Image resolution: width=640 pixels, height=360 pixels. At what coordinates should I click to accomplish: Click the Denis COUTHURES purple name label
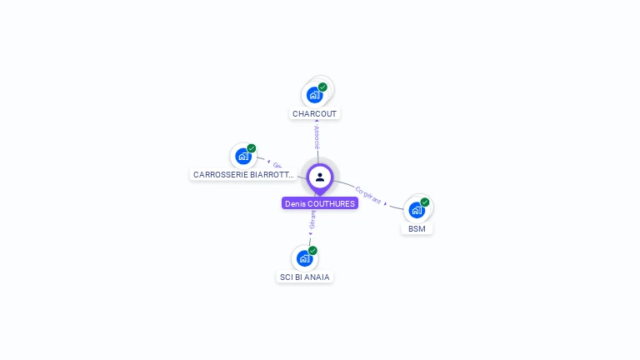point(320,203)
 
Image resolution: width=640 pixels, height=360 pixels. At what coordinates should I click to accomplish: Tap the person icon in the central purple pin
point(320,177)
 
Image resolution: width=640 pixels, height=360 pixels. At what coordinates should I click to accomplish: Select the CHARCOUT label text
point(316,113)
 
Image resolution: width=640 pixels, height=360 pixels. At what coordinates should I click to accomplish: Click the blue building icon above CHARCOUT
point(314,94)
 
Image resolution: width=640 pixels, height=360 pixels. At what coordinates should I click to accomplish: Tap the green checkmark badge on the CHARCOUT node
point(322,87)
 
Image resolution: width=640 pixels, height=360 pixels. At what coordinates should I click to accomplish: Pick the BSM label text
point(417,228)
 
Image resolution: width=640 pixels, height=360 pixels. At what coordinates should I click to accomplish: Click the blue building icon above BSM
point(416,210)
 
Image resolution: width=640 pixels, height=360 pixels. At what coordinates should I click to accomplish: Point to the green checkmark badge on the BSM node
point(425,202)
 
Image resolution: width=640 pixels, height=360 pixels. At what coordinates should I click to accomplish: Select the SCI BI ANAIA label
point(305,277)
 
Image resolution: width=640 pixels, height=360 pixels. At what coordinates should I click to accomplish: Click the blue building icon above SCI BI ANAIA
point(304,258)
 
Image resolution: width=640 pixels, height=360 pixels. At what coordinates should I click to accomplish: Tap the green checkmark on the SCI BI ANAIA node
point(312,250)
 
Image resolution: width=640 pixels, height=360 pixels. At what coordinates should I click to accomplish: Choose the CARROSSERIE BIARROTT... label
point(243,175)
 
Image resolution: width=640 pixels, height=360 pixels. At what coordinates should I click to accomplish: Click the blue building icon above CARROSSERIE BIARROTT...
point(242,156)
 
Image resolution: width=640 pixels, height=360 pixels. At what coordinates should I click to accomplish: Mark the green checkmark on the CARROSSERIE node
point(252,148)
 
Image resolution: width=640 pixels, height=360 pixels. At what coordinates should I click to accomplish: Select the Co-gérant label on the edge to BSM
point(367,195)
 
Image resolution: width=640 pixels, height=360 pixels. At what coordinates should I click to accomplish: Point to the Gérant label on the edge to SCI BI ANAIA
point(312,219)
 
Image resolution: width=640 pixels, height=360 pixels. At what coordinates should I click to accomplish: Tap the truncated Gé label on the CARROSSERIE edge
point(277,165)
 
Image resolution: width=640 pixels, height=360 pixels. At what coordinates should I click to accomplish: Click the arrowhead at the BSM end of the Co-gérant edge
point(386,202)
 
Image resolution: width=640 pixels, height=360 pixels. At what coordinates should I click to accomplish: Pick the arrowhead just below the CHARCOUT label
point(317,122)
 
